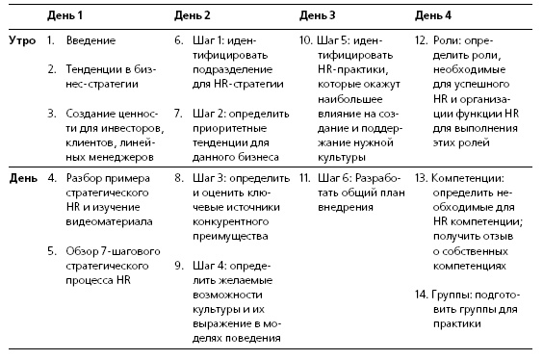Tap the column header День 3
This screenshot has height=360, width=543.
[317, 15]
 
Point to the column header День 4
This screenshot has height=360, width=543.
[433, 15]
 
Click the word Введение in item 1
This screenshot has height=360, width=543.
[91, 41]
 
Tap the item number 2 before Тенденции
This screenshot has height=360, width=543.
[50, 70]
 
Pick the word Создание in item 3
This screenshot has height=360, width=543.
[92, 113]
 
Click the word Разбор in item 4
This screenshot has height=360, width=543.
[87, 179]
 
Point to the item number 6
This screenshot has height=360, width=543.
[179, 41]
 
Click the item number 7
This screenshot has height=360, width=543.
[179, 113]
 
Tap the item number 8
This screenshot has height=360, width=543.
[179, 179]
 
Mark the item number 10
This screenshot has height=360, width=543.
[304, 41]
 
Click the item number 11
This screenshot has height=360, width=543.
[304, 179]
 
